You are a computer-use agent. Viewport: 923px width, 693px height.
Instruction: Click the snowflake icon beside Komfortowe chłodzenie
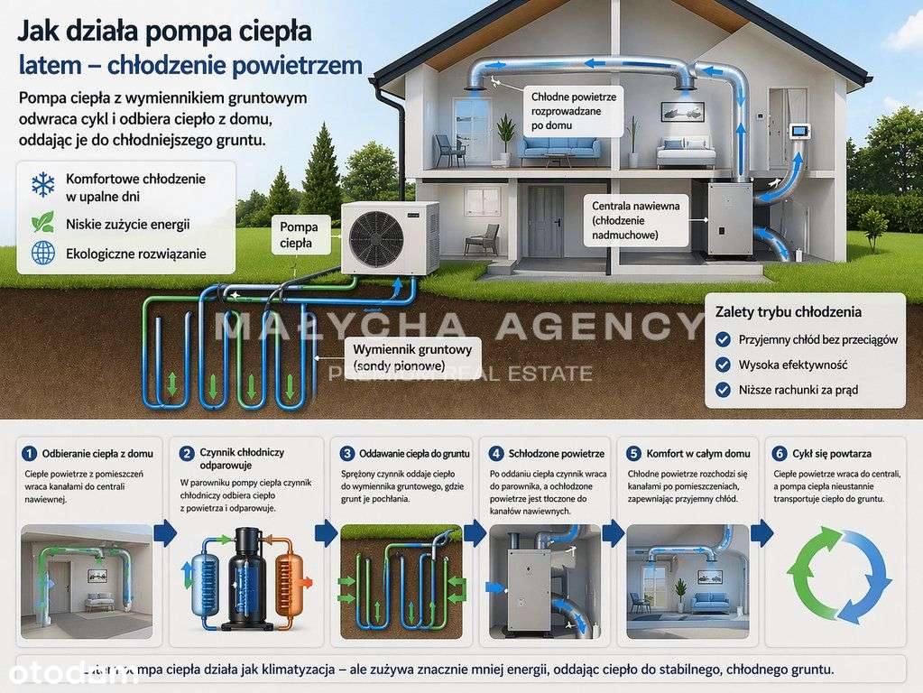pos(42,186)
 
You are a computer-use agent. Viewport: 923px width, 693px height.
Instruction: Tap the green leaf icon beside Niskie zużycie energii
pos(42,223)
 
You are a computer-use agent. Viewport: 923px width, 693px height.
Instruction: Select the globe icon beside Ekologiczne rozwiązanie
pos(42,254)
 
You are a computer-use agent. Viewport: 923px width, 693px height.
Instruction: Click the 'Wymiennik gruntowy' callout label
pos(414,356)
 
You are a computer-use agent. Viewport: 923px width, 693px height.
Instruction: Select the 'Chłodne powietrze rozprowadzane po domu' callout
pos(574,111)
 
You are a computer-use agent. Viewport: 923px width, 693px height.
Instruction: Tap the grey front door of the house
pos(545,221)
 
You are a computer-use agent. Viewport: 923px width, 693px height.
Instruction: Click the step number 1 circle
pos(29,453)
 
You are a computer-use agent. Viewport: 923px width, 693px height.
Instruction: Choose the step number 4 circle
pos(495,453)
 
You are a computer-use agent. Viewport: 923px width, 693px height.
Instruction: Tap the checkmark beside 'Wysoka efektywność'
pos(722,365)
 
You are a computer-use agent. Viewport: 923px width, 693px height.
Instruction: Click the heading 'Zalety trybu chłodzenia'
pos(788,312)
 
